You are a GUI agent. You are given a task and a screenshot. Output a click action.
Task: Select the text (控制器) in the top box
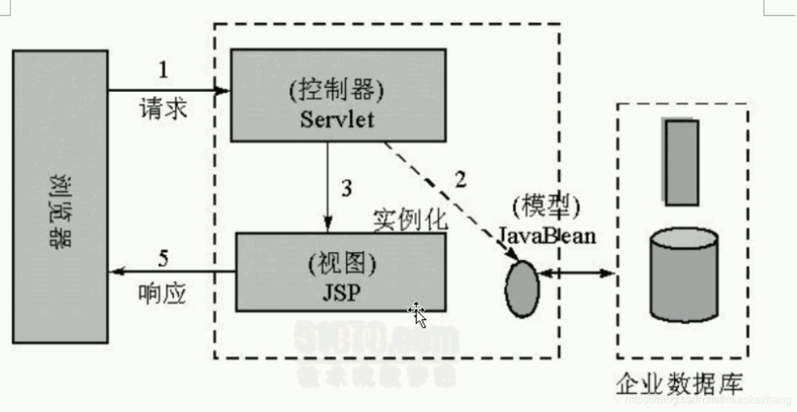337,90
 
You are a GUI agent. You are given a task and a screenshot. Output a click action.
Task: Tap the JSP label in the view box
340,292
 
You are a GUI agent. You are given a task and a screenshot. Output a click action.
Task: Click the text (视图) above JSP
340,263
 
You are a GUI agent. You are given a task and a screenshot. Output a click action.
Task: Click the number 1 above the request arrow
163,70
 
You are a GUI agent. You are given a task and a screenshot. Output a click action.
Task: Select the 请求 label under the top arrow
163,109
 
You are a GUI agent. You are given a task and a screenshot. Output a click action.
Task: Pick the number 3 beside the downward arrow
347,187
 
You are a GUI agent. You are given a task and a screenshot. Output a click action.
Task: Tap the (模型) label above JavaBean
546,207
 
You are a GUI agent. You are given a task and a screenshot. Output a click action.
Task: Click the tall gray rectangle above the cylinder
682,162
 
